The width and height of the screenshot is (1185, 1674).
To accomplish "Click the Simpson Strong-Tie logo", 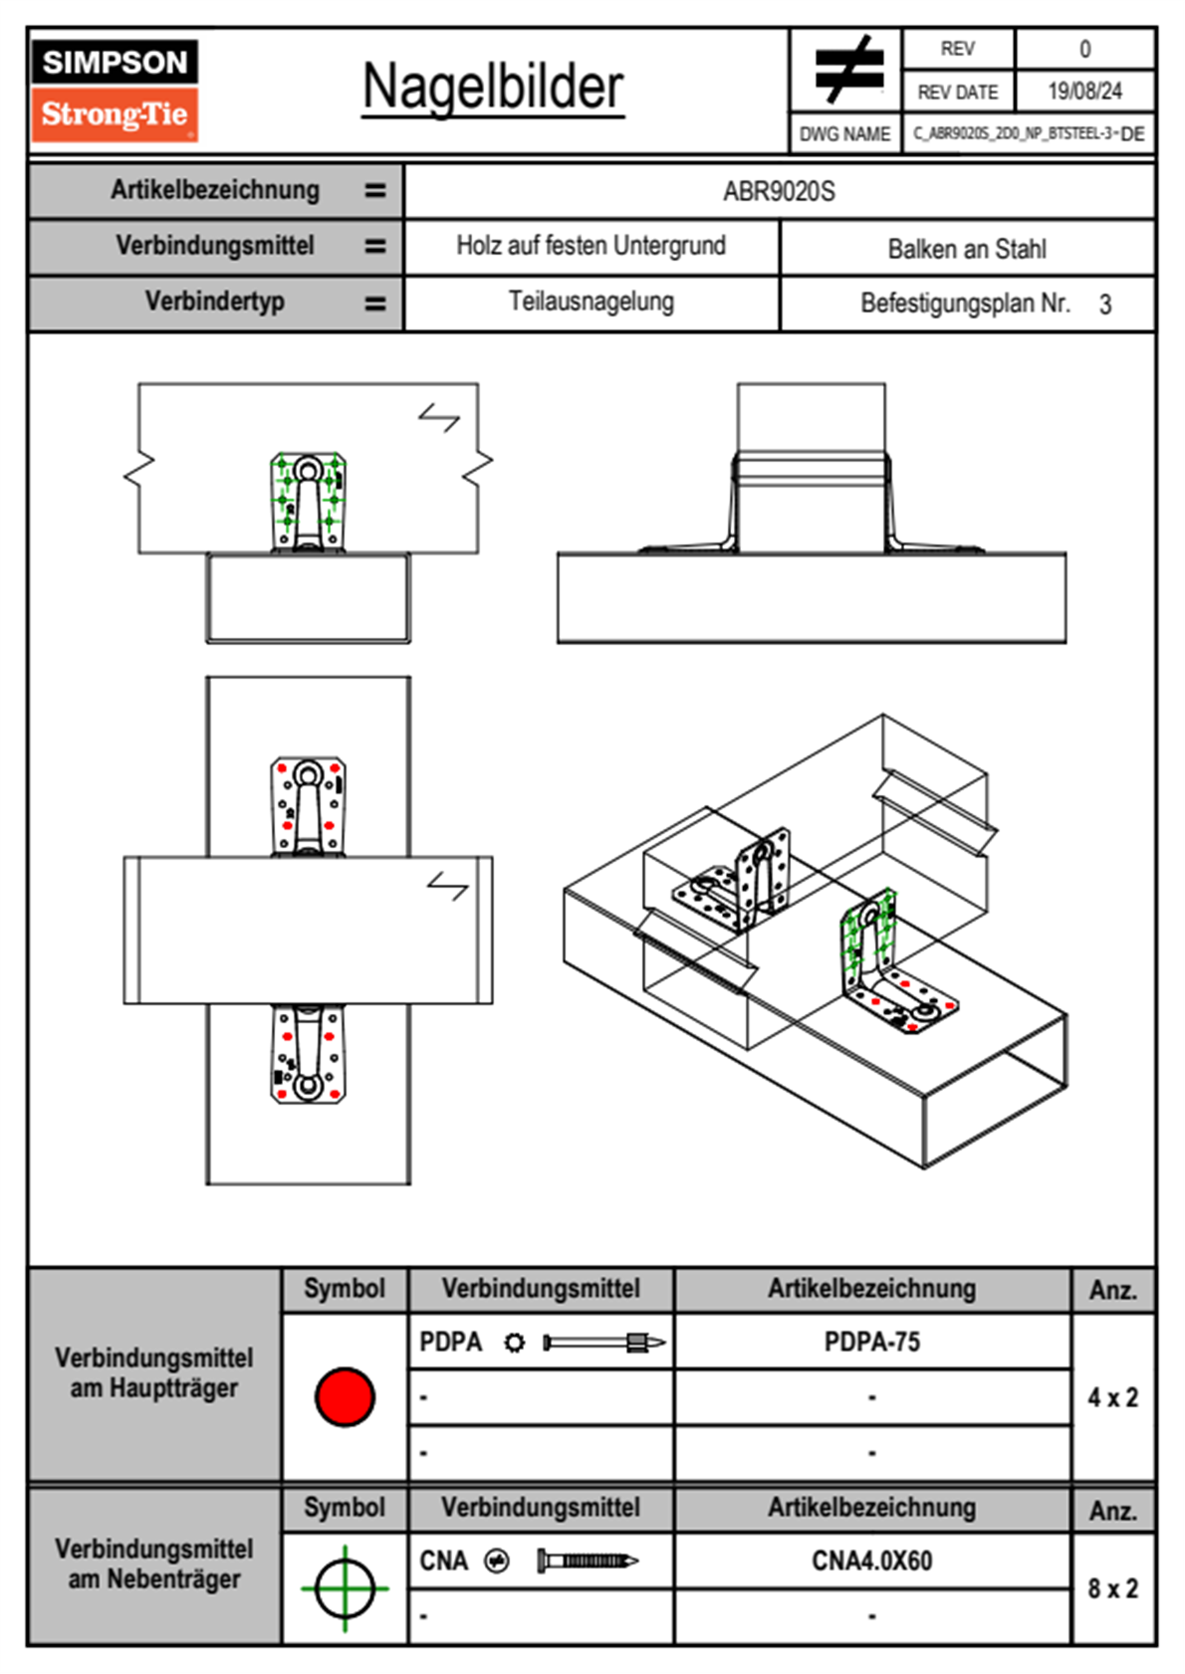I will tap(115, 91).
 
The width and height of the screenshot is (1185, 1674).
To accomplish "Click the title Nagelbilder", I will tap(493, 87).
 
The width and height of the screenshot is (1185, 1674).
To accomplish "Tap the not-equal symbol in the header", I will tap(847, 70).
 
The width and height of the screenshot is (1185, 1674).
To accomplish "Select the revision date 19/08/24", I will tap(1084, 92).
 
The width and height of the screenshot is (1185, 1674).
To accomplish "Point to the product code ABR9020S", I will tap(779, 191).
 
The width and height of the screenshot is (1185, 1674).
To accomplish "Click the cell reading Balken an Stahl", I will tap(967, 249).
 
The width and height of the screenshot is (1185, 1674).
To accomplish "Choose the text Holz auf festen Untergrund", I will tap(591, 246).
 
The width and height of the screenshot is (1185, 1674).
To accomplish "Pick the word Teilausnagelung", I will tap(591, 302).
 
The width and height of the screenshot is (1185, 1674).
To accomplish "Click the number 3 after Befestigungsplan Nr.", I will tap(1105, 305).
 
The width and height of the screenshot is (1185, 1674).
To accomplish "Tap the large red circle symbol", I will tap(345, 1396).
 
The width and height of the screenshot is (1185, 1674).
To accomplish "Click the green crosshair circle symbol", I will tap(345, 1588).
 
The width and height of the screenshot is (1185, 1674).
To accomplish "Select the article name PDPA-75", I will tap(872, 1343).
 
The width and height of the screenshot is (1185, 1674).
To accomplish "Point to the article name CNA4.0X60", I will tap(872, 1561).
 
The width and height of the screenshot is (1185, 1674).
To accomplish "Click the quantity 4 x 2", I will tap(1112, 1397).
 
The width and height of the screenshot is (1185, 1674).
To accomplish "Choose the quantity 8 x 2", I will tap(1112, 1588).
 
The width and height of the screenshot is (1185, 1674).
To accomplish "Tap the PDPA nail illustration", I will tap(603, 1344).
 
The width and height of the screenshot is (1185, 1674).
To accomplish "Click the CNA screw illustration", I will tap(588, 1561).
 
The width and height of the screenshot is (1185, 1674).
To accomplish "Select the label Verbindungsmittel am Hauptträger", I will tap(154, 1372).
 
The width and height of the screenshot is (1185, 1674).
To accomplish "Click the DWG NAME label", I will tap(845, 134).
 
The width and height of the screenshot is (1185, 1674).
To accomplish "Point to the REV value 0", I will tap(1084, 49).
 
